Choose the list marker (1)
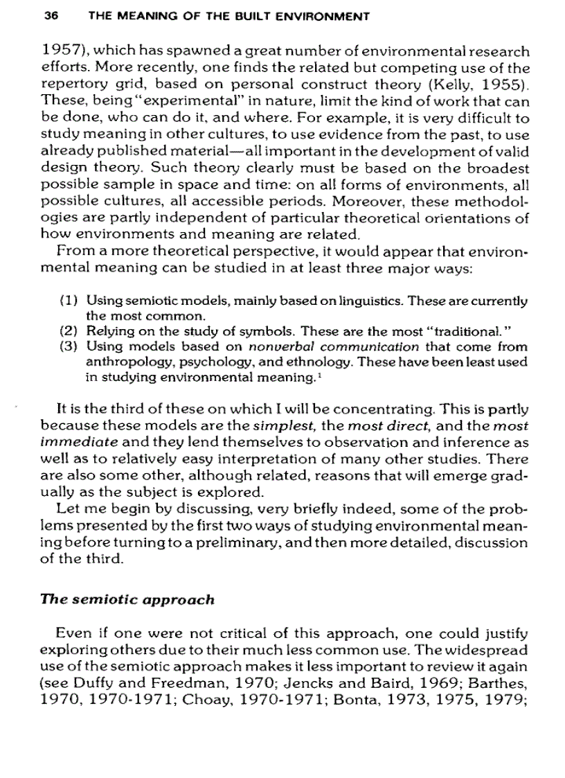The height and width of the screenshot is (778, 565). [69, 301]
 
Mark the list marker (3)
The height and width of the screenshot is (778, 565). [69, 347]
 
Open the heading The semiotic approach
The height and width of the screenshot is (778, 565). [127, 599]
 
